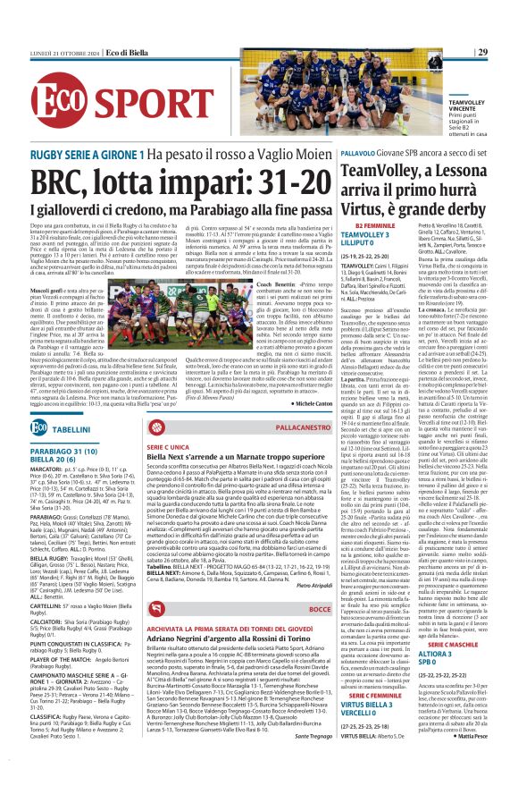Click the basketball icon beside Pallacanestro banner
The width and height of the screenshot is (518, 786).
(x=330, y=429)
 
